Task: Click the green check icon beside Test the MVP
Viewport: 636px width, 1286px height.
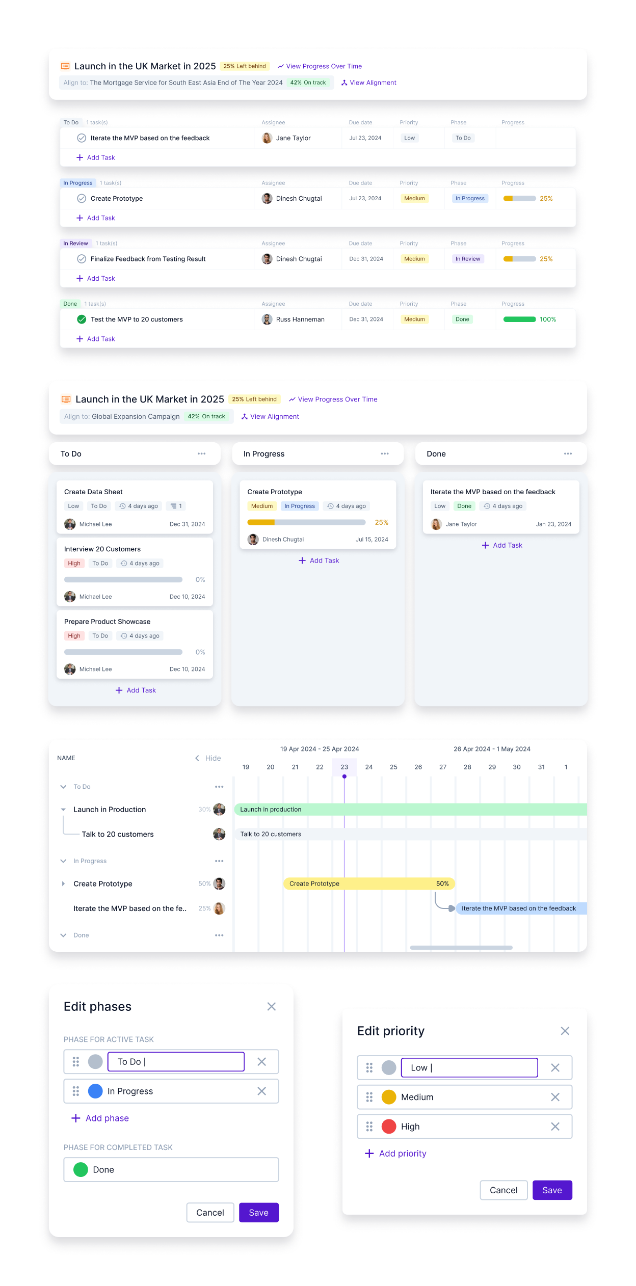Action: (x=82, y=319)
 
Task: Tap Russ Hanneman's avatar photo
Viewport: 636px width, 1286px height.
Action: (x=267, y=319)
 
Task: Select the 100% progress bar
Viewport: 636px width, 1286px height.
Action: (x=519, y=319)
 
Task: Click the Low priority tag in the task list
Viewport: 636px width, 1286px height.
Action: (x=409, y=138)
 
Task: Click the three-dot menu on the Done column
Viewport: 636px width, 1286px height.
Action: (x=568, y=454)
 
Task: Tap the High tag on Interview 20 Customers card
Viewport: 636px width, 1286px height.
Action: (x=74, y=564)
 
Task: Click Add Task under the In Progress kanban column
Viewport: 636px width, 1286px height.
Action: (x=319, y=560)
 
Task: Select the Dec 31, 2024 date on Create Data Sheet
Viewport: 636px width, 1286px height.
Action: (x=187, y=524)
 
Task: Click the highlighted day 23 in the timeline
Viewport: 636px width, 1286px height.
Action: (x=344, y=767)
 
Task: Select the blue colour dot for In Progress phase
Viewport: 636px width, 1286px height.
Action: (x=95, y=1091)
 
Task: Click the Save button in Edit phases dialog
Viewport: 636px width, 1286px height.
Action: (x=258, y=1213)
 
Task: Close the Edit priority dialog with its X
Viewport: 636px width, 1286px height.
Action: (x=565, y=1031)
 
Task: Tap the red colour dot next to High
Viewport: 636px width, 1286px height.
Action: (x=389, y=1127)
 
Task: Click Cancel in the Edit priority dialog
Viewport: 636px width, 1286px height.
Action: (x=503, y=1190)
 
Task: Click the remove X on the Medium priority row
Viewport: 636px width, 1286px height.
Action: (x=555, y=1097)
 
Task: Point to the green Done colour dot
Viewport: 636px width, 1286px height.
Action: (x=81, y=1170)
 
